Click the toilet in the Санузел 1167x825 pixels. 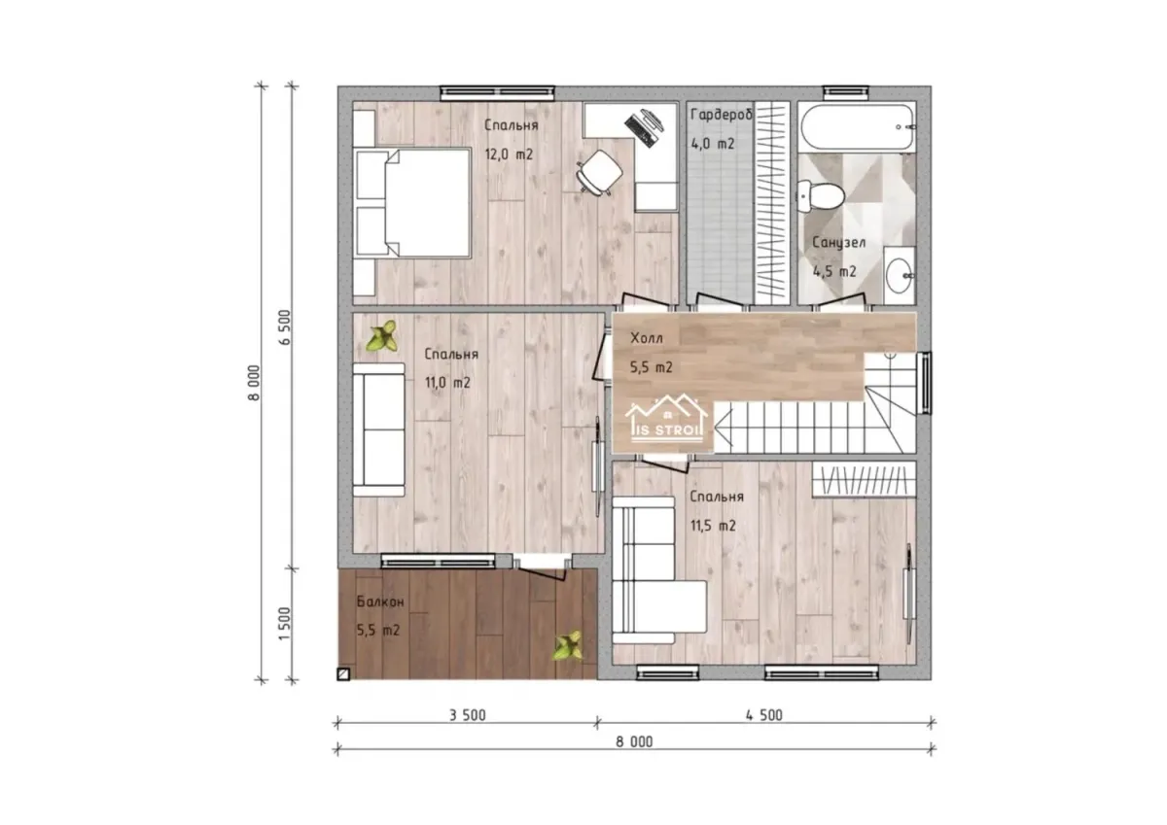coord(820,195)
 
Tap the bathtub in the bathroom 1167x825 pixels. coord(857,127)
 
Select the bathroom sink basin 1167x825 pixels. coord(899,275)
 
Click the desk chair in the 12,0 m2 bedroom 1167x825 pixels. coord(601,172)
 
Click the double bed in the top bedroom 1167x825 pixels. coord(413,202)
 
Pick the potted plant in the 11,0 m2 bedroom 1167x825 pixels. coord(382,336)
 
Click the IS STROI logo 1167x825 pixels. coord(666,420)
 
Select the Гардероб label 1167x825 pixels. coord(722,115)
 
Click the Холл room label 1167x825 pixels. coord(647,338)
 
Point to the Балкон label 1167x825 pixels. coord(380,602)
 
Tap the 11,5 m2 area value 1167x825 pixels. coord(713,526)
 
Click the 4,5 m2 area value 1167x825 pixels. coord(834,271)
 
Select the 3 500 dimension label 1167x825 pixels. coord(468,715)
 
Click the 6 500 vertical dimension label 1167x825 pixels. coord(284,327)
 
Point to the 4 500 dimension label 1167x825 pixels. coord(763,715)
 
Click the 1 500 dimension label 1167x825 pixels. coord(284,624)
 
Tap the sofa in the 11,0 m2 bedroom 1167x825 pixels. coord(378,430)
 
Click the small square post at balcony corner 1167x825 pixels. coord(343,674)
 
